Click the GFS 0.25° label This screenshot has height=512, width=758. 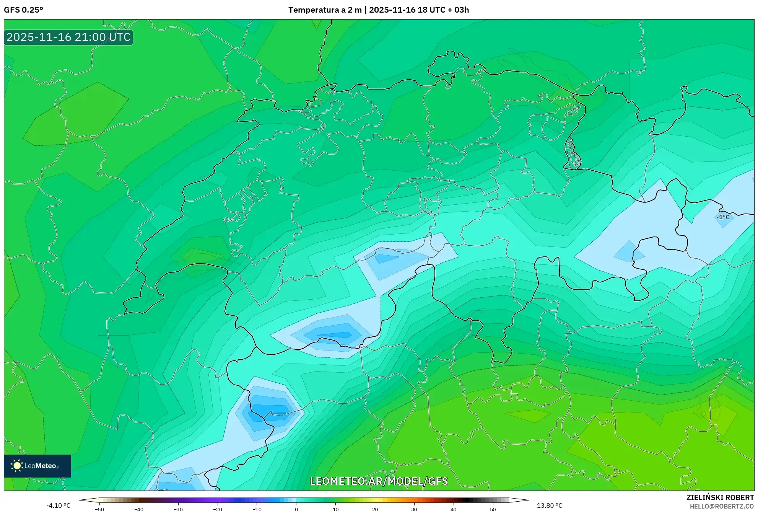click(23, 10)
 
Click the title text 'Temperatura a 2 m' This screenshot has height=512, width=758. click(325, 10)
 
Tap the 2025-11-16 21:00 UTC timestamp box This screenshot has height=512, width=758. click(68, 37)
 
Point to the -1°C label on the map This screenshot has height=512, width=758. click(722, 217)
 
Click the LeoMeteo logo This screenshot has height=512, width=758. click(37, 466)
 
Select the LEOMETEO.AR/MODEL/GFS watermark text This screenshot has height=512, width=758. click(379, 481)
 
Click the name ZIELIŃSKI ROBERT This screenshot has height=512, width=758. click(720, 497)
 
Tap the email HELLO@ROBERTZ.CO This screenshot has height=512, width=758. click(721, 506)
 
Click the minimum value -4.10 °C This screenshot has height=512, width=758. click(58, 505)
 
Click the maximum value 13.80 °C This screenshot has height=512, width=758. click(549, 505)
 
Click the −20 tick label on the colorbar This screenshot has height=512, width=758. click(218, 509)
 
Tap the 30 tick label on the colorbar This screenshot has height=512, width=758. click(414, 509)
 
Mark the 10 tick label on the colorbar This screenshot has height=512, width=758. click(336, 509)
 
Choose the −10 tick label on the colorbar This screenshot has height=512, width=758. click(257, 509)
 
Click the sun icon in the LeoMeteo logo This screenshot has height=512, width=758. click(17, 466)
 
